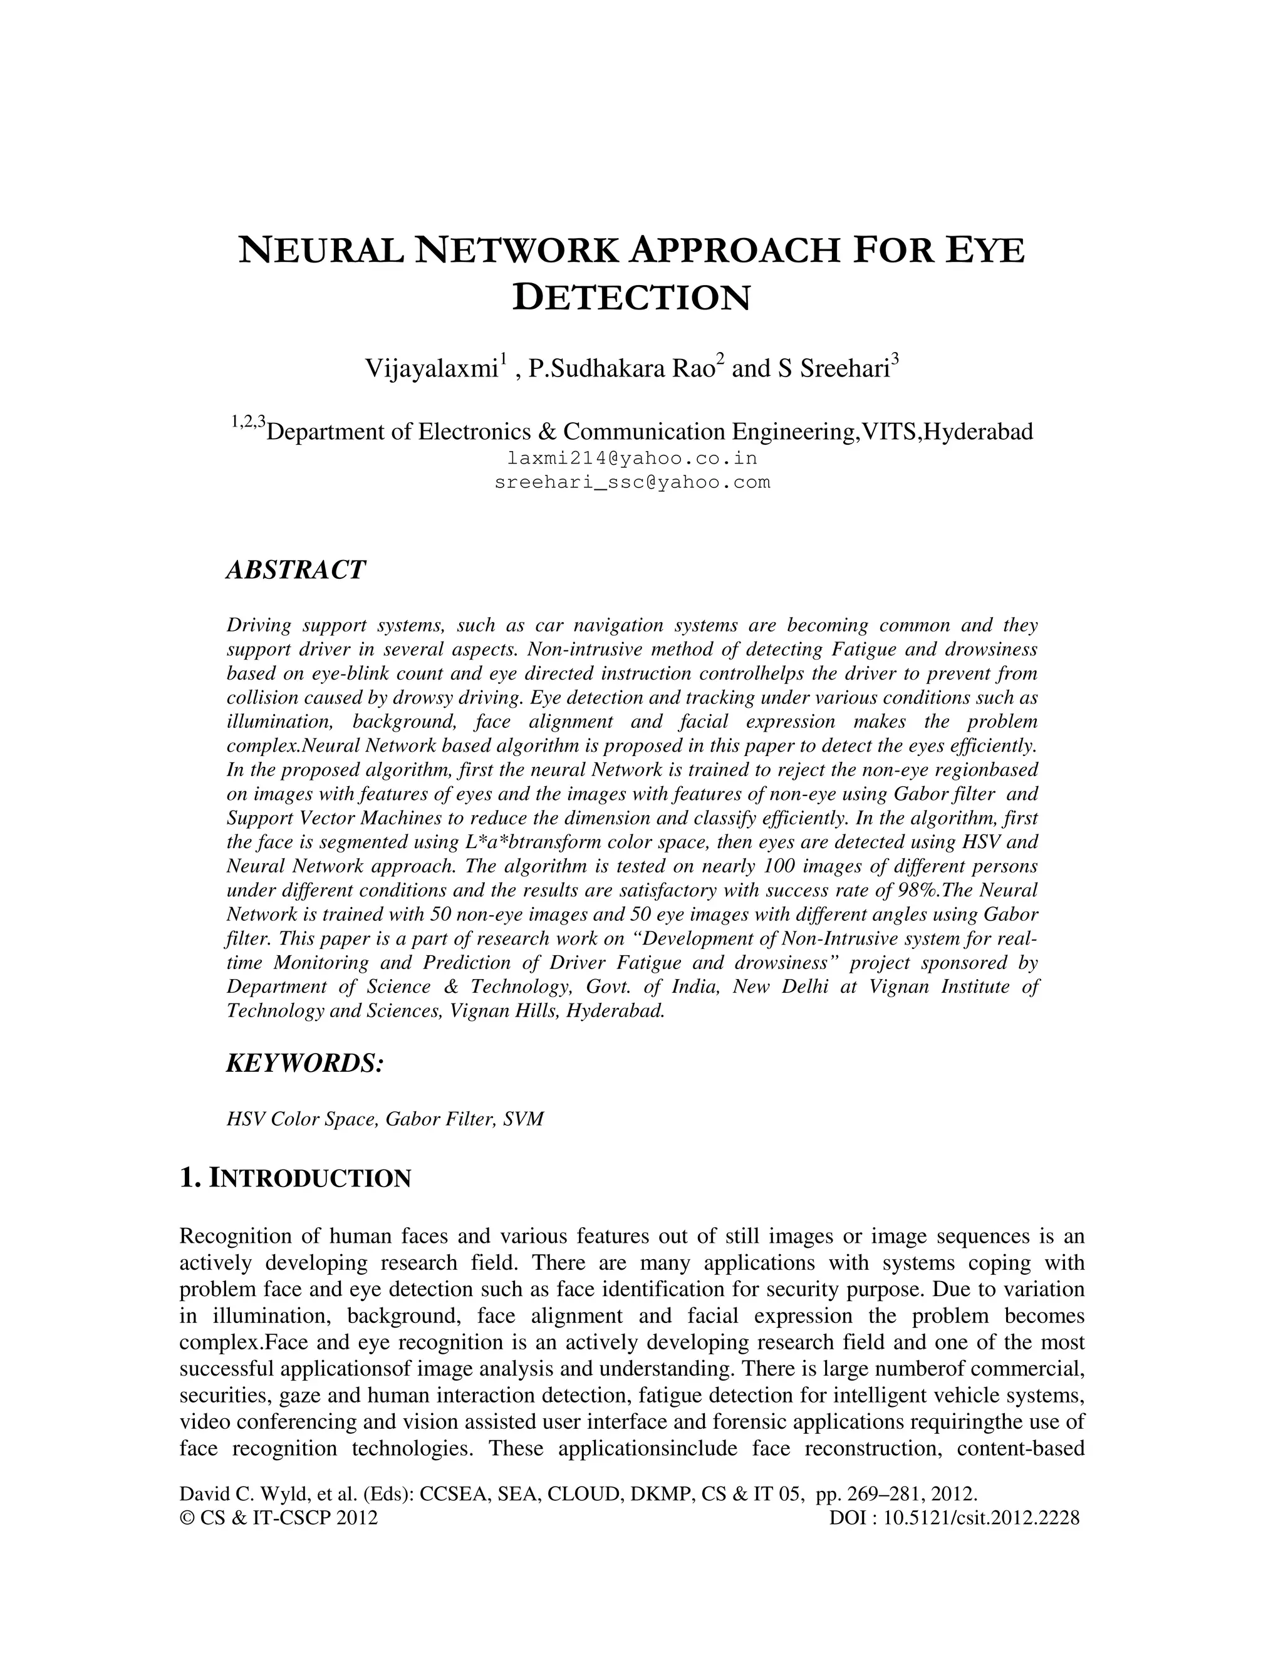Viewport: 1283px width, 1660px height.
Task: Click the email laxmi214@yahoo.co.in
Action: point(631,459)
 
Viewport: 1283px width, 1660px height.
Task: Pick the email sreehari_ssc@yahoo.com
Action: point(631,482)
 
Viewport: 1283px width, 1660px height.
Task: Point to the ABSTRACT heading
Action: point(296,569)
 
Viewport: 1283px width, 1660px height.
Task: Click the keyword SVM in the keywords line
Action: point(524,1119)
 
